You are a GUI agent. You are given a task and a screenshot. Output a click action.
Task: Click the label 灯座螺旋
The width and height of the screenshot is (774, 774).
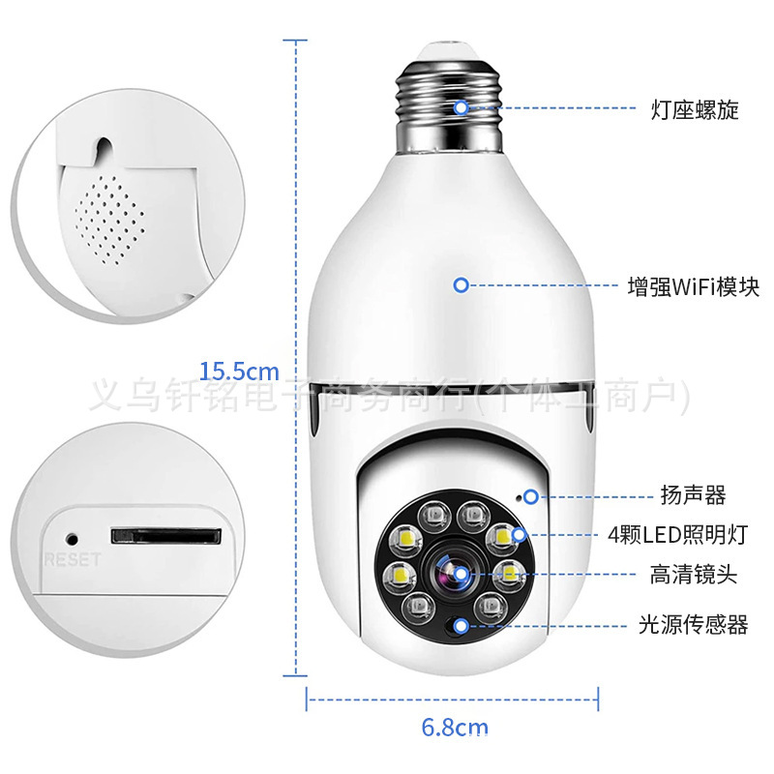pyautogui.click(x=694, y=109)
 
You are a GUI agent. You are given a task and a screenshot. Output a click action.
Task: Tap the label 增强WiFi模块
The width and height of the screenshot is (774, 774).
pyautogui.click(x=693, y=286)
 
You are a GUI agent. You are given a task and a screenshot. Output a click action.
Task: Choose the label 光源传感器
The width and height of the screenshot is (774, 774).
pyautogui.click(x=693, y=625)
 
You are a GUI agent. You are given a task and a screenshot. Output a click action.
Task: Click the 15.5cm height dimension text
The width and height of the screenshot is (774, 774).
pyautogui.click(x=239, y=371)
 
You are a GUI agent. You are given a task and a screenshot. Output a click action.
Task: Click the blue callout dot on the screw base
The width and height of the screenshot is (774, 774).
pyautogui.click(x=462, y=107)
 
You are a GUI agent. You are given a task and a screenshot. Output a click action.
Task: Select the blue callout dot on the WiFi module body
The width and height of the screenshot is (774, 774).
pyautogui.click(x=461, y=285)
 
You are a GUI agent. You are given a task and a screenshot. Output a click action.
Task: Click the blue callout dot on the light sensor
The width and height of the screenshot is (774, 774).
pyautogui.click(x=461, y=625)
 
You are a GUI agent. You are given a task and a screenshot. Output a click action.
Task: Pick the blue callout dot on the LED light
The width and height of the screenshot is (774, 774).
pyautogui.click(x=521, y=534)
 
